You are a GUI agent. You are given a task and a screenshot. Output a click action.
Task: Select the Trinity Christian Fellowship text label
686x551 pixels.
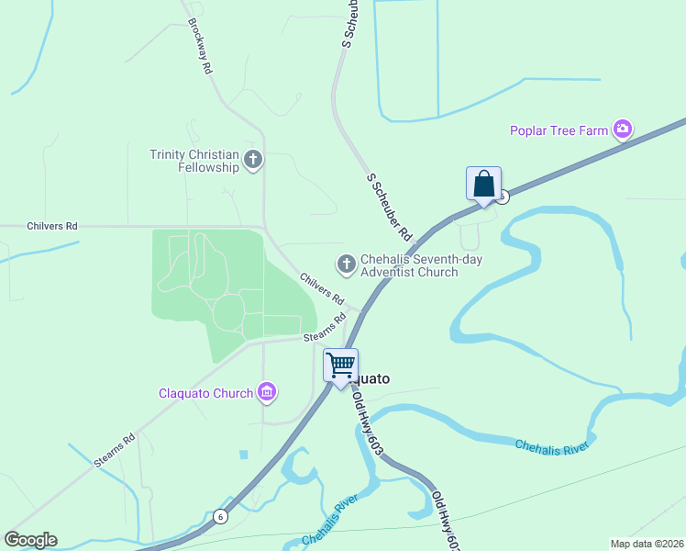(194, 161)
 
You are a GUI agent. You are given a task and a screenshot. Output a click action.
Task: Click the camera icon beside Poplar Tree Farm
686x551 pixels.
(623, 129)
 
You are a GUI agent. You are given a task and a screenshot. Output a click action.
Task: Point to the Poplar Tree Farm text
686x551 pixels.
(559, 130)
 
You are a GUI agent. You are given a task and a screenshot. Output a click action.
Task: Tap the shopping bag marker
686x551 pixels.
(483, 185)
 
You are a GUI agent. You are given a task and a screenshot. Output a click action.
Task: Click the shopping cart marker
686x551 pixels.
(340, 366)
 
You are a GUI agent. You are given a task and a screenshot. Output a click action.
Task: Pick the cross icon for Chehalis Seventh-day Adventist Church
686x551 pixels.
(347, 265)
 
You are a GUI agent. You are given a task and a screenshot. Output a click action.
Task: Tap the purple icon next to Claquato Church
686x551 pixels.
(267, 393)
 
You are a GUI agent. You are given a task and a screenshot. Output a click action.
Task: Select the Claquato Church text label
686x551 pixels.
(205, 394)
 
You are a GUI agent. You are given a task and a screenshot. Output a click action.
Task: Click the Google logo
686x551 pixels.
(30, 540)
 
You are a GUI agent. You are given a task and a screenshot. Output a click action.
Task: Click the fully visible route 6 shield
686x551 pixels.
(220, 517)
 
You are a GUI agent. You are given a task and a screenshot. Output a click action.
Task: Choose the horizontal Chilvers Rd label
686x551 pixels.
(52, 225)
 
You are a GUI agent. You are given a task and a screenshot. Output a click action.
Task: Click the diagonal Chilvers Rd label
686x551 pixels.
(322, 288)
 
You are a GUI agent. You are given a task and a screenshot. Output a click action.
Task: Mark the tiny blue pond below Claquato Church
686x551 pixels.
(243, 454)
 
